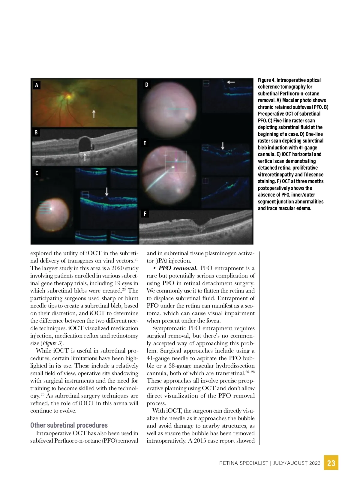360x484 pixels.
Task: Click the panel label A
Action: [x=37, y=85]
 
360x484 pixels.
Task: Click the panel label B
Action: [x=36, y=132]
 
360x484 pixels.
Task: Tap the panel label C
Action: [x=37, y=173]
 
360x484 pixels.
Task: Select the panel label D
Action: [x=147, y=85]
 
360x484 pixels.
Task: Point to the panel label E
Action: [x=145, y=143]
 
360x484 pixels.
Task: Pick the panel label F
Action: [x=145, y=214]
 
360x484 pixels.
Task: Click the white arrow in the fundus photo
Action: [x=94, y=114]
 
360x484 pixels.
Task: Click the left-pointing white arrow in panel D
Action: [x=231, y=82]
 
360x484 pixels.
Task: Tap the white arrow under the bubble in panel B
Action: [x=85, y=157]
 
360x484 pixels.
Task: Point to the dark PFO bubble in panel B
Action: [x=85, y=144]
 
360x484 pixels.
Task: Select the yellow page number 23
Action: [x=331, y=463]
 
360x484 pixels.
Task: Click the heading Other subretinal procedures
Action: [x=69, y=425]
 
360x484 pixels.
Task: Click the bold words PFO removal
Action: [x=178, y=268]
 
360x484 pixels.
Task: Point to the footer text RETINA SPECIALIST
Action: [x=244, y=463]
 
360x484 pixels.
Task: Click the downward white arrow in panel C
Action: [x=106, y=191]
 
